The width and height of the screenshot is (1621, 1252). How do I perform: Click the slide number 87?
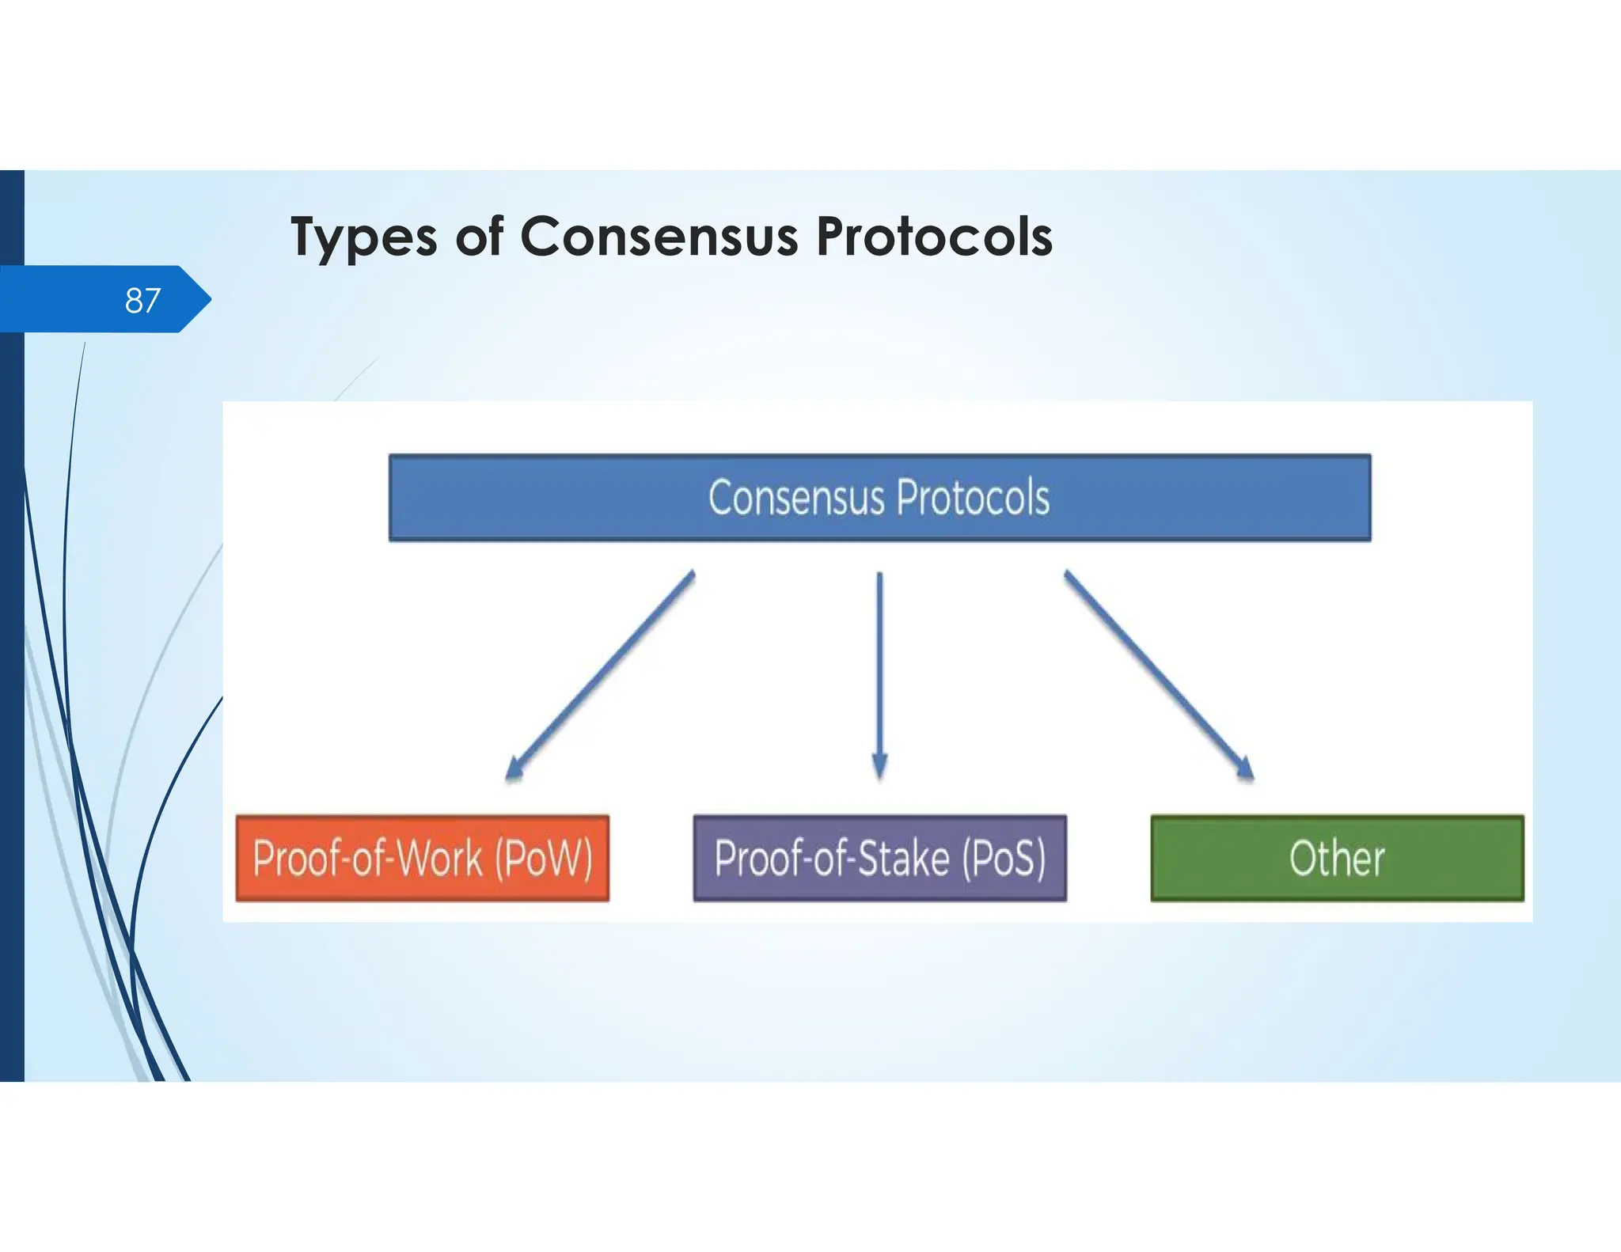point(142,301)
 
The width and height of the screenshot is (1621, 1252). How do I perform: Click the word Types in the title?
point(363,237)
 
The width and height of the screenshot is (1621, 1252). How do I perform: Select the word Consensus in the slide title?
point(659,237)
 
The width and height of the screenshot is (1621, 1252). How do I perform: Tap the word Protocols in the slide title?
point(934,237)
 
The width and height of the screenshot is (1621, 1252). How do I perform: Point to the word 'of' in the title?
point(479,237)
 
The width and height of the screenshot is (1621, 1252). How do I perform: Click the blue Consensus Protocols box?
point(879,498)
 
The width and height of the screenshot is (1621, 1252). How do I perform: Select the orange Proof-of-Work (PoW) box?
point(423,858)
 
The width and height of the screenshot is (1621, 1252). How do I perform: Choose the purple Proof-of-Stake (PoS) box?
point(879,858)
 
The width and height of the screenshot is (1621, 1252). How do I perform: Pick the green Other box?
point(1337,858)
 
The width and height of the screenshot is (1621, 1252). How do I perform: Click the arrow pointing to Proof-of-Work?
point(602,673)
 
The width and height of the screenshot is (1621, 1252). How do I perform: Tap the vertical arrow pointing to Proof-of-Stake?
point(879,673)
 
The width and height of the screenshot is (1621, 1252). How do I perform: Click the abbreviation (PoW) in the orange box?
point(544,858)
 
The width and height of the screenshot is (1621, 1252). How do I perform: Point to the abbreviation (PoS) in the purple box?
point(1004,858)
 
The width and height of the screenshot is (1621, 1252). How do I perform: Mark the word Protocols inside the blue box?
point(973,498)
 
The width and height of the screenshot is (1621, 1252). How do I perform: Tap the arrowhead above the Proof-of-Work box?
point(514,768)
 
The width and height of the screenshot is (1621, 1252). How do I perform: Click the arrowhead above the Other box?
point(1244,768)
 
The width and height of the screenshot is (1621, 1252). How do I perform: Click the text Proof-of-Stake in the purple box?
point(831,858)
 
